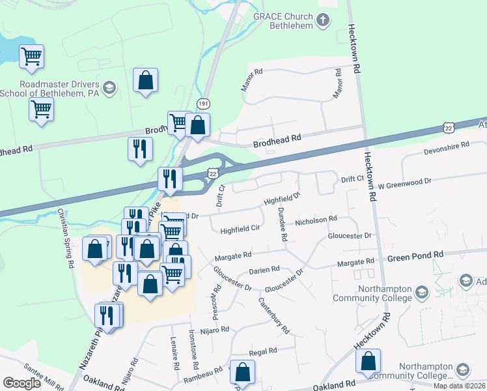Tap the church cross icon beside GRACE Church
[322, 20]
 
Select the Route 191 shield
[204, 104]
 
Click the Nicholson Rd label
[316, 220]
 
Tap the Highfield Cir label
[240, 229]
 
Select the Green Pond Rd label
[415, 255]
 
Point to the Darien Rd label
[264, 269]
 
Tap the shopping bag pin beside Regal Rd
[242, 373]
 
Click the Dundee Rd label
[282, 224]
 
